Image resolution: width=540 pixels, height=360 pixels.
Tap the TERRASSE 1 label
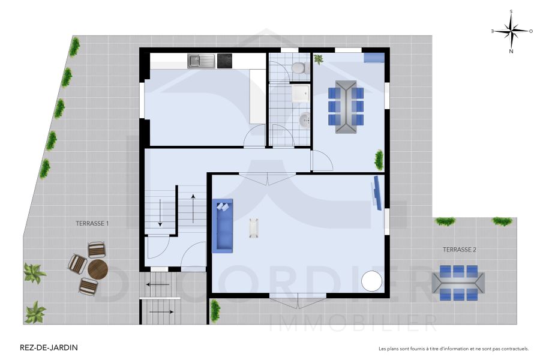pyautogui.click(x=92, y=223)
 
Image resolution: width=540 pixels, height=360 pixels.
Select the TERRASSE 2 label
pyautogui.click(x=460, y=249)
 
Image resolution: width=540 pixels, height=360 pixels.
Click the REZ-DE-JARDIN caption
pyautogui.click(x=39, y=347)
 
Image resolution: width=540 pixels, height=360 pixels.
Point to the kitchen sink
pyautogui.click(x=201, y=61)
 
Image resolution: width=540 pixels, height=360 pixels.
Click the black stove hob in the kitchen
pyautogui.click(x=224, y=61)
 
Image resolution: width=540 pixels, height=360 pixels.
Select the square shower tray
pyautogui.click(x=299, y=94)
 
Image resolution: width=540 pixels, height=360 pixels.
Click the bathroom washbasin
pyautogui.click(x=305, y=121)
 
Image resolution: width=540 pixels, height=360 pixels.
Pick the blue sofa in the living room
pyautogui.click(x=223, y=226)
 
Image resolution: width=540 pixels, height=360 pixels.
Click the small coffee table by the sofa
pyautogui.click(x=254, y=227)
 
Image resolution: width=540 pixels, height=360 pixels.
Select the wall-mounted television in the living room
pyautogui.click(x=377, y=192)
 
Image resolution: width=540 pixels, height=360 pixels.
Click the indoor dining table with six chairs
pyautogui.click(x=346, y=106)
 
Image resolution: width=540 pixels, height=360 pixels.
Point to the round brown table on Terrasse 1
pyautogui.click(x=97, y=269)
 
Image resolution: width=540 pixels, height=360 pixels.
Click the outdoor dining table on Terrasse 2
pyautogui.click(x=459, y=283)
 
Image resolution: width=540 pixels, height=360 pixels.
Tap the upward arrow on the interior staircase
pyautogui.click(x=193, y=208)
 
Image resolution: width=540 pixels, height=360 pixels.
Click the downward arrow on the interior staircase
pyautogui.click(x=160, y=213)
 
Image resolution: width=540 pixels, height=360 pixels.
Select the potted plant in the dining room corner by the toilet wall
pyautogui.click(x=318, y=59)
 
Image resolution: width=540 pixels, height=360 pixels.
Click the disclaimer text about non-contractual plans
pyautogui.click(x=454, y=348)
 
